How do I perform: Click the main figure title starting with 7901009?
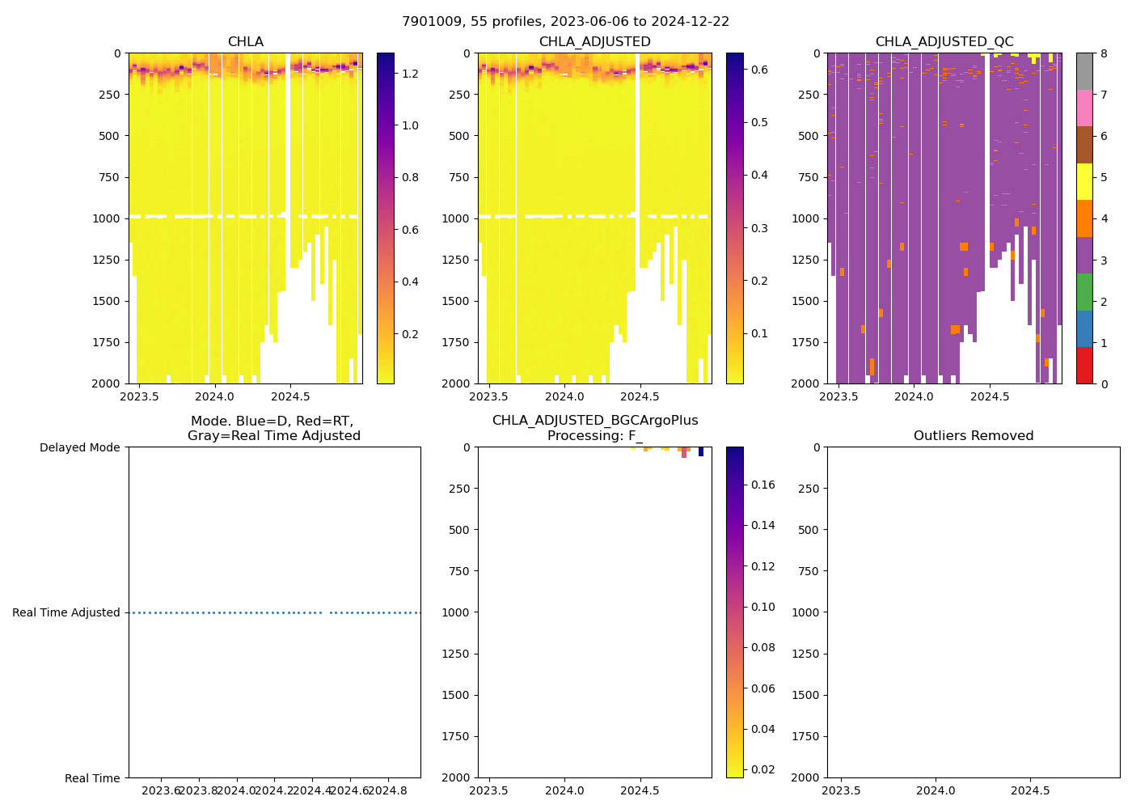coord(565,22)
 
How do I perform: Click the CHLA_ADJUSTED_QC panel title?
coord(944,42)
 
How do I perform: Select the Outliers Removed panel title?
coord(973,436)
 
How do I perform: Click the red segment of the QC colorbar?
coord(1084,366)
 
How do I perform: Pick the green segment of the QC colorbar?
coord(1084,291)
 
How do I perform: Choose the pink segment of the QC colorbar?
coord(1084,108)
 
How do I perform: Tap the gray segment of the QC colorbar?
coord(1084,71)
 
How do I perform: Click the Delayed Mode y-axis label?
coord(79,447)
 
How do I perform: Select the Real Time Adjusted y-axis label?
coord(66,612)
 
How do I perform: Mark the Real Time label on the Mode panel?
coord(92,778)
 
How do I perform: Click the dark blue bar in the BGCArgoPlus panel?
coord(701,451)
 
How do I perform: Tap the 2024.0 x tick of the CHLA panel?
coord(215,396)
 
